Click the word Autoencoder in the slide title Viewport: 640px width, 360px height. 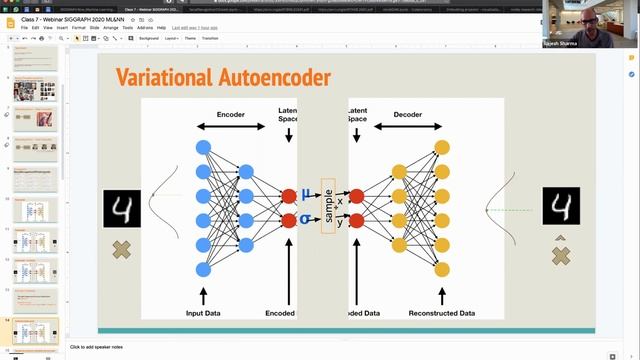[276, 78]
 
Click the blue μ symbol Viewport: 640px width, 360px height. [307, 194]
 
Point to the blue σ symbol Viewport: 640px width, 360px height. [307, 218]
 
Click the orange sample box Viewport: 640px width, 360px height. [328, 206]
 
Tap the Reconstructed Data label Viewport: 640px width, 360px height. [442, 313]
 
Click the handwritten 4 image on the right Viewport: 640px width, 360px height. [560, 207]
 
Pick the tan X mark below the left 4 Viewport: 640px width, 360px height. [122, 249]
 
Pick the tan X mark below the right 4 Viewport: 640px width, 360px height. [560, 256]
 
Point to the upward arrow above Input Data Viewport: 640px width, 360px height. [204, 295]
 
